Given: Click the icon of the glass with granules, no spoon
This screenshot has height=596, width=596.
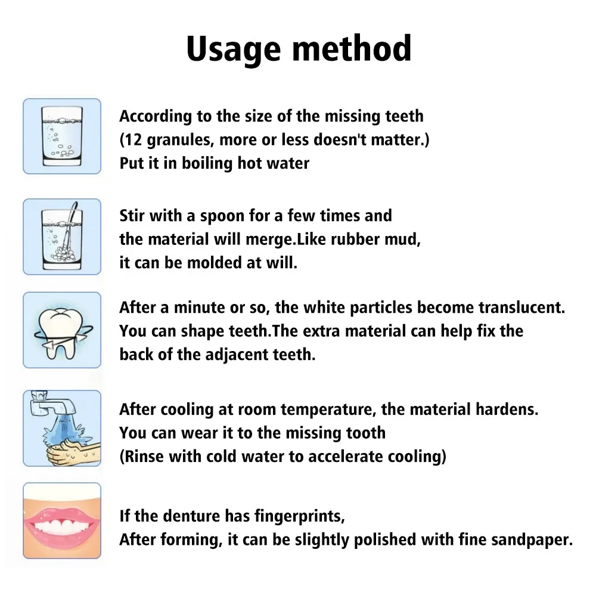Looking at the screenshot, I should (62, 136).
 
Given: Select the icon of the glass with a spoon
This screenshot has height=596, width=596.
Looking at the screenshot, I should (62, 236).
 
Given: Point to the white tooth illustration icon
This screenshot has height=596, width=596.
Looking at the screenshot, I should (62, 330).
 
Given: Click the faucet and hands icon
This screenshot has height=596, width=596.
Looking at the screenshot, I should (62, 428).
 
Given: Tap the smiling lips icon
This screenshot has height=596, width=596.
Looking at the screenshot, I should (62, 520).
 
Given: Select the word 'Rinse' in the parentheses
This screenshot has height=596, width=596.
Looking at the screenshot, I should (144, 457).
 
